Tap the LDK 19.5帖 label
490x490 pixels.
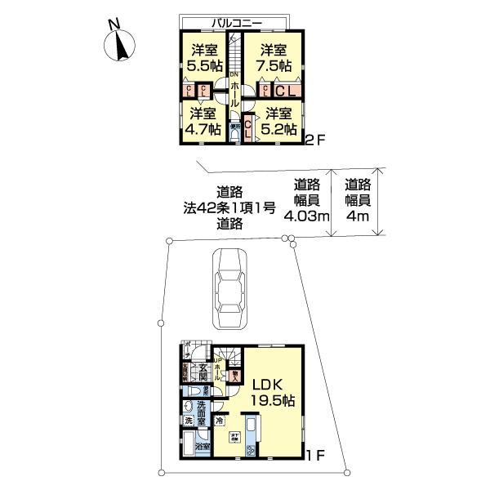click(x=272, y=392)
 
